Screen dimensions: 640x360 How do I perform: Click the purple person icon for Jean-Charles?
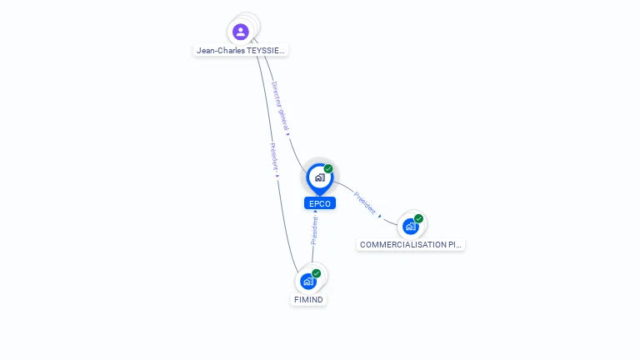(241, 32)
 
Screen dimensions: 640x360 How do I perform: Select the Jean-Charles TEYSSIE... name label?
(240, 50)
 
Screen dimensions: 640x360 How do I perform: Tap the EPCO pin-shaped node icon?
(319, 177)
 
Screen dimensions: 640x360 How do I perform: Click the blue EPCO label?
(319, 203)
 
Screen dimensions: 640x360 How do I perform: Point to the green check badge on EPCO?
(328, 168)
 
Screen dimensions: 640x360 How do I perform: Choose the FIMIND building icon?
(308, 281)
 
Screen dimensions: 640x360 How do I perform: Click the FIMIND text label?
(308, 299)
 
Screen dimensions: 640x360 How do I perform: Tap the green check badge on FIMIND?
(317, 273)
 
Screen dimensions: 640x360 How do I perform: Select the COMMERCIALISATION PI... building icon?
(410, 226)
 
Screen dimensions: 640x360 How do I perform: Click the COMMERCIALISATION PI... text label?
(410, 244)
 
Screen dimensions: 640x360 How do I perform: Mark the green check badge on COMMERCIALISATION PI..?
(418, 218)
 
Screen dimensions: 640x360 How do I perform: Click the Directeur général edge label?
(279, 106)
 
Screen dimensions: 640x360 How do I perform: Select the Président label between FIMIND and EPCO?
(314, 230)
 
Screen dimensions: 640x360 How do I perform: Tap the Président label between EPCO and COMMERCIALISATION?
(364, 202)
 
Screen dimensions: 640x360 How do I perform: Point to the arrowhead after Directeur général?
(287, 132)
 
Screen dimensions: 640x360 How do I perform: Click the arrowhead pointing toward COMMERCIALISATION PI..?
(380, 216)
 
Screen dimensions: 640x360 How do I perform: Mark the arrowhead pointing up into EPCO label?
(315, 212)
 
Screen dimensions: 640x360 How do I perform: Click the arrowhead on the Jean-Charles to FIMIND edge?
(277, 175)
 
